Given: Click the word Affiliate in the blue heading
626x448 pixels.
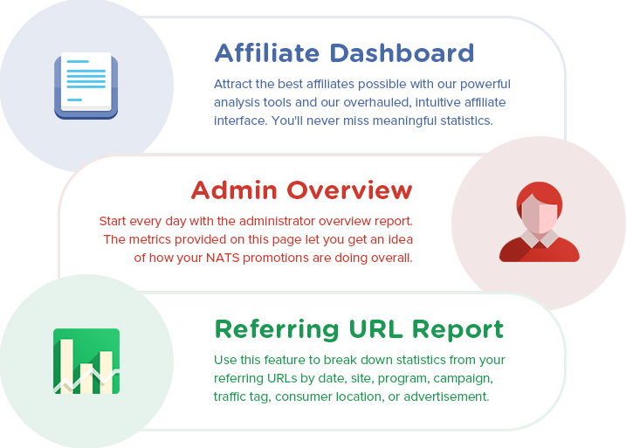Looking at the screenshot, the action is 266,52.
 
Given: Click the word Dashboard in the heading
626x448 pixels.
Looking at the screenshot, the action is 402,52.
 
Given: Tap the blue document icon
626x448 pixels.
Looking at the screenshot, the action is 86,86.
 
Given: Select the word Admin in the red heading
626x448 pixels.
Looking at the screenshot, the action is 234,190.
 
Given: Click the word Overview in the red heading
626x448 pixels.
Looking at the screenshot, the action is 349,190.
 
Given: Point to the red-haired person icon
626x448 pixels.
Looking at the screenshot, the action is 539,222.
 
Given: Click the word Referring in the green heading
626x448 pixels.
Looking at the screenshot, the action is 277,330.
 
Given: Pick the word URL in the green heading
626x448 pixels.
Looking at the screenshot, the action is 375,329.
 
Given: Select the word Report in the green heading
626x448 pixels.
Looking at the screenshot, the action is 457,330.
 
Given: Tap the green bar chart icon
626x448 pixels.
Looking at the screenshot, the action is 86,361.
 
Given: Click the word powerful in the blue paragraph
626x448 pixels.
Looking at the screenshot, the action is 485,84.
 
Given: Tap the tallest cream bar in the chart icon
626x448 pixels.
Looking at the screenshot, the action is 66,366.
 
